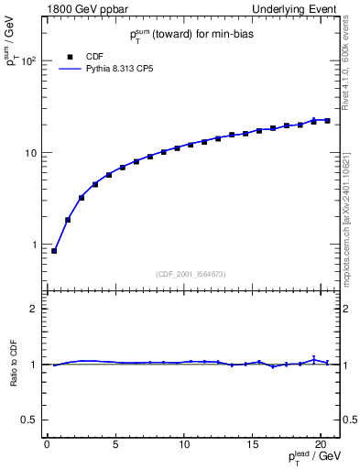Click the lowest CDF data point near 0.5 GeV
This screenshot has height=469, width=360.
click(54, 251)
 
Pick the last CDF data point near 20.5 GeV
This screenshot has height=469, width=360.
click(327, 120)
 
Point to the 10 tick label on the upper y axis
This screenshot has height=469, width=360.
click(29, 153)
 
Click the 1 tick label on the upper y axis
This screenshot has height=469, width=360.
click(33, 245)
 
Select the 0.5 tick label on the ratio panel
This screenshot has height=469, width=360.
click(29, 420)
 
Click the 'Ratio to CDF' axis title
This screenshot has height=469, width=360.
click(13, 365)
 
